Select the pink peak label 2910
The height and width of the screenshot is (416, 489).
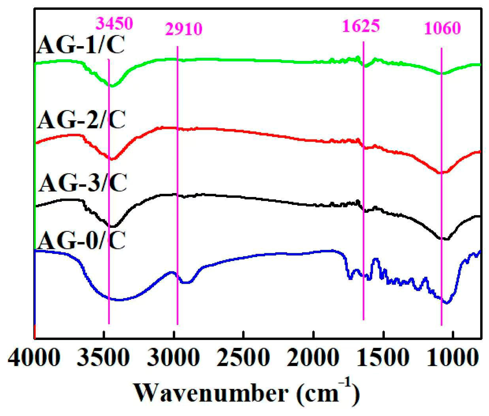(x=184, y=29)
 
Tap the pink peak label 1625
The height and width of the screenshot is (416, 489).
(x=361, y=26)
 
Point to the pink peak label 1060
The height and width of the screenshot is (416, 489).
(x=442, y=29)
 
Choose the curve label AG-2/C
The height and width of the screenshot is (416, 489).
(x=81, y=120)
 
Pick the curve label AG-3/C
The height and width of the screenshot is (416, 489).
(x=82, y=183)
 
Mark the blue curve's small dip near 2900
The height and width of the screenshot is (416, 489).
(x=186, y=282)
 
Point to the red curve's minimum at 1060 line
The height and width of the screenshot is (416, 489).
(x=441, y=173)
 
